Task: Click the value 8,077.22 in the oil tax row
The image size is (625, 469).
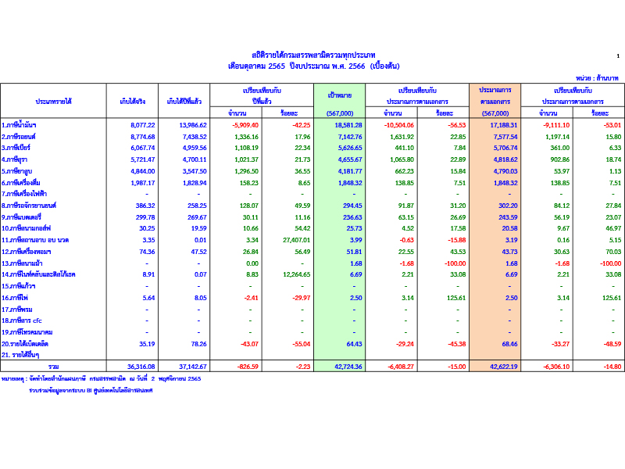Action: tap(143, 125)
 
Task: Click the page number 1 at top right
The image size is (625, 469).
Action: tap(617, 55)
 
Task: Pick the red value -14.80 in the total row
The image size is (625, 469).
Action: tap(612, 366)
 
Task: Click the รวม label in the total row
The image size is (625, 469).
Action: tap(53, 366)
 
